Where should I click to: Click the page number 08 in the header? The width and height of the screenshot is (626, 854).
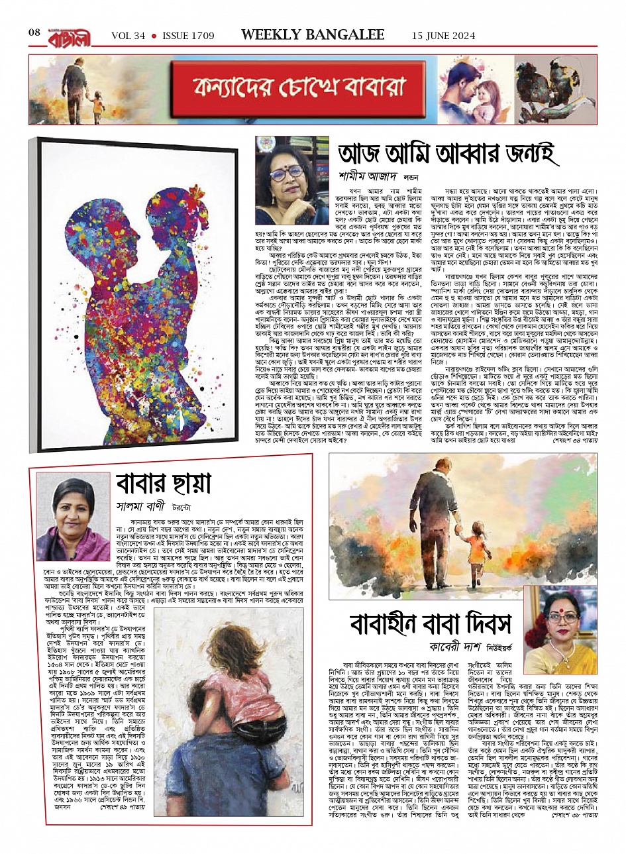(34, 33)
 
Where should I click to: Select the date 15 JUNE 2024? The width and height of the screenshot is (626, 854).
(443, 35)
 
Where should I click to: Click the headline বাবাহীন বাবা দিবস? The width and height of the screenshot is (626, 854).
(431, 623)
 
